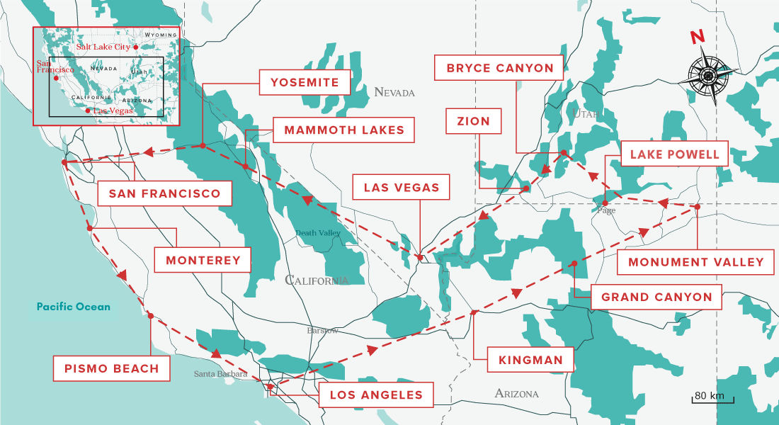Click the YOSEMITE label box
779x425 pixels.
305,82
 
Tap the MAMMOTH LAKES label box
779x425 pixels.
343,130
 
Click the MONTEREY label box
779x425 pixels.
203,260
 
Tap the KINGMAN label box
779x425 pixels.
530,360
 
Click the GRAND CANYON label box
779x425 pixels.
656,297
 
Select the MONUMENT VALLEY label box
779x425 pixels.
695,261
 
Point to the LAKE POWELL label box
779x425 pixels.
673,154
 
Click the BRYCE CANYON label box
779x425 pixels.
499,68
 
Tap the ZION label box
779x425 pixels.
474,121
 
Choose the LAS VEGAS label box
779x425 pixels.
401,188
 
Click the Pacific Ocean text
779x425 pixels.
74,307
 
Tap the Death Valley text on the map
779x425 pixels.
318,233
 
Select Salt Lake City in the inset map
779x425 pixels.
105,47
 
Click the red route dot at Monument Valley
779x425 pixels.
697,207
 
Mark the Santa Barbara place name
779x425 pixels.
220,374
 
